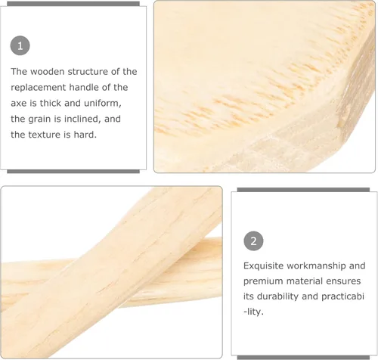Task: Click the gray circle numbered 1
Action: [x=20, y=45]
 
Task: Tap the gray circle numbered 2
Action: [x=253, y=241]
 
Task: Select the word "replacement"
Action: [x=38, y=88]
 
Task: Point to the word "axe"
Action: [x=18, y=104]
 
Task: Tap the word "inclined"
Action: [x=80, y=119]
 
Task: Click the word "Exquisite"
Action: [x=263, y=265]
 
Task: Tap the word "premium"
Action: [x=262, y=281]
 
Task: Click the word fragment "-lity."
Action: [x=253, y=312]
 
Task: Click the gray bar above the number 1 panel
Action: [x=73, y=4]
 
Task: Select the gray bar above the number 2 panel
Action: [x=303, y=190]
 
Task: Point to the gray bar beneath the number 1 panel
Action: [x=73, y=172]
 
